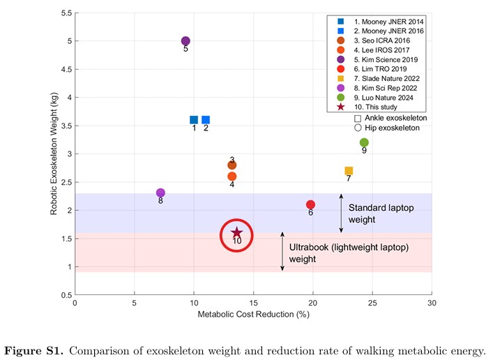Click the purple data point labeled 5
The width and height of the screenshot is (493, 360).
pyautogui.click(x=185, y=41)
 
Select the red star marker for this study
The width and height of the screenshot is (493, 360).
pyautogui.click(x=236, y=233)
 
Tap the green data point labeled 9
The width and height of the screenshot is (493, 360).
pyautogui.click(x=364, y=142)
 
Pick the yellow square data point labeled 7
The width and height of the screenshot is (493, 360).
pyautogui.click(x=349, y=171)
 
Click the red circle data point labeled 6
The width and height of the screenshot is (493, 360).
pyautogui.click(x=310, y=204)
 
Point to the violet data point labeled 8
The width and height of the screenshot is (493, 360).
pyautogui.click(x=160, y=193)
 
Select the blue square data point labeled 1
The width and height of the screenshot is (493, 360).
pyautogui.click(x=194, y=120)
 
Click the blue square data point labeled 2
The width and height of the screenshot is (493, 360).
pyautogui.click(x=206, y=120)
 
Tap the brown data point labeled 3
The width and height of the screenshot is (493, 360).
pyautogui.click(x=232, y=165)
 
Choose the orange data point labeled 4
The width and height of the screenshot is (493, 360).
pyautogui.click(x=232, y=177)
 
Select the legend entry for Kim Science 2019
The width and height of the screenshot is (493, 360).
pyautogui.click(x=391, y=60)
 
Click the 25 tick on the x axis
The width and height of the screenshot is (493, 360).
pyautogui.click(x=372, y=302)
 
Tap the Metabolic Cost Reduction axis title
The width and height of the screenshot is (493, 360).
pyautogui.click(x=254, y=315)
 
